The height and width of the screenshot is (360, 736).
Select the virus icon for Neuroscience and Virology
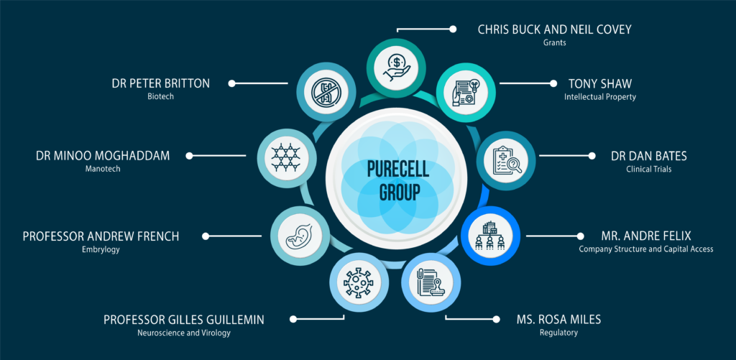point(359,282)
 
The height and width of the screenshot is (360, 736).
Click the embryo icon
point(300,236)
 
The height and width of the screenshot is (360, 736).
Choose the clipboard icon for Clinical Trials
point(506,160)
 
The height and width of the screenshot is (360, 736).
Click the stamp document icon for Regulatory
point(431,283)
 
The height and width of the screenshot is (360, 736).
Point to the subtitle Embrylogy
point(101,249)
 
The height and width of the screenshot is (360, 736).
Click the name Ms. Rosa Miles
point(558,320)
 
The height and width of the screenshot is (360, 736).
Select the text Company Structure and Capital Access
point(646,249)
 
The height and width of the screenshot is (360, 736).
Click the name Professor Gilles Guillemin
point(184,320)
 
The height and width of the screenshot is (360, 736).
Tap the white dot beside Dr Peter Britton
point(231,83)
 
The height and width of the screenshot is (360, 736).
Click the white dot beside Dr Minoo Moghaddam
point(189,156)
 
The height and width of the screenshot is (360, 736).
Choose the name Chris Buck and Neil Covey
point(555,29)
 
